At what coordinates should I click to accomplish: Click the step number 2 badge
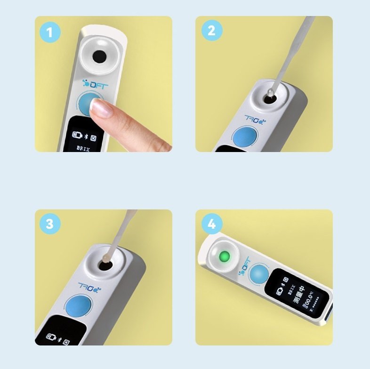211,31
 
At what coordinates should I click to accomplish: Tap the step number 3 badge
50,225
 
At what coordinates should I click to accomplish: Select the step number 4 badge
211,225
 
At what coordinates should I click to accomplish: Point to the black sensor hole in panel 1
99,56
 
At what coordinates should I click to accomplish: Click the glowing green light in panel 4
225,257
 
